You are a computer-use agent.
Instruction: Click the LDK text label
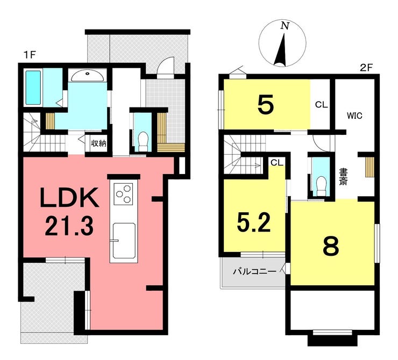(69, 198)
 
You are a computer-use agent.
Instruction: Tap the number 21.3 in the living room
(69, 226)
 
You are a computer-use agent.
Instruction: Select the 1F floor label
(30, 54)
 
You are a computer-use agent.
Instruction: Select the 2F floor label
(366, 68)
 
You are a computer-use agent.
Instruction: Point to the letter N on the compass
(285, 26)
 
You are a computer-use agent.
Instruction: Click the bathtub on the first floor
(33, 88)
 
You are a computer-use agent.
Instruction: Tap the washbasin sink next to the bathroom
(87, 75)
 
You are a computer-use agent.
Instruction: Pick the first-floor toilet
(144, 141)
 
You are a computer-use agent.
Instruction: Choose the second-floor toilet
(322, 186)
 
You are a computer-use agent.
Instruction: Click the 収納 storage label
(98, 143)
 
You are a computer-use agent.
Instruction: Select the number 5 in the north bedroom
(266, 104)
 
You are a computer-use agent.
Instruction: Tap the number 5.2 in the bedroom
(253, 222)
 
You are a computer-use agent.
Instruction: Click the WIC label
(354, 116)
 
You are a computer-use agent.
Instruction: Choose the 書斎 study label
(343, 177)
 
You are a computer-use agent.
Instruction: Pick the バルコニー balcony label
(254, 271)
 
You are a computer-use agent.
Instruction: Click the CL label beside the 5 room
(321, 104)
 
